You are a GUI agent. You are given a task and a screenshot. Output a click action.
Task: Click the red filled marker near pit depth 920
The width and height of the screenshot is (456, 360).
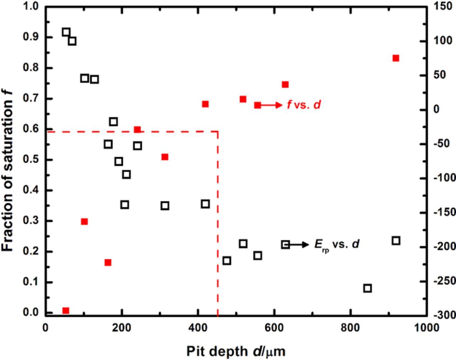pyautogui.click(x=395, y=58)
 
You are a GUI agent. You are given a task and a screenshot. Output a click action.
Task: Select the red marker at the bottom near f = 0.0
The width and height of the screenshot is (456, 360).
pyautogui.click(x=66, y=311)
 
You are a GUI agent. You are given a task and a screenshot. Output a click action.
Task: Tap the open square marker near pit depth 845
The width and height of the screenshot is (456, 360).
pyautogui.click(x=368, y=288)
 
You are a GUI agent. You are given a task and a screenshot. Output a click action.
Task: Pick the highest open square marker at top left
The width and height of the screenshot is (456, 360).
pyautogui.click(x=66, y=32)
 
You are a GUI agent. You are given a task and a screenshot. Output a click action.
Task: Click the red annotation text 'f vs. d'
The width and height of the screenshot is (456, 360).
pyautogui.click(x=304, y=105)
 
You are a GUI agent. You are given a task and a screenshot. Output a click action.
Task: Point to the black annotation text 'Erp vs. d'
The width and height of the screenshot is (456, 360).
pyautogui.click(x=337, y=244)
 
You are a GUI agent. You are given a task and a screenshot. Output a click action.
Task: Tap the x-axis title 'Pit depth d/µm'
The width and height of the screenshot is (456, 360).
pyautogui.click(x=236, y=351)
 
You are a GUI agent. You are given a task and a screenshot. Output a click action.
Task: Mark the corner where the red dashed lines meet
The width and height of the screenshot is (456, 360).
pyautogui.click(x=217, y=132)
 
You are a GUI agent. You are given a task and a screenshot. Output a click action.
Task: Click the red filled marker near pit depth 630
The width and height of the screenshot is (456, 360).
pyautogui.click(x=285, y=84)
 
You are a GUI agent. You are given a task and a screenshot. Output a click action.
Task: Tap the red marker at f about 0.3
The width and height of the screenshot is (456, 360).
pyautogui.click(x=84, y=221)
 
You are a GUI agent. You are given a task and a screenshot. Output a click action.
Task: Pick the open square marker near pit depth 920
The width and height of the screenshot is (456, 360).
pyautogui.click(x=396, y=241)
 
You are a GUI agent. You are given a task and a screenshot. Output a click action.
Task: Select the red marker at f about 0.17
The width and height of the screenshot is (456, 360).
pyautogui.click(x=108, y=262)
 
